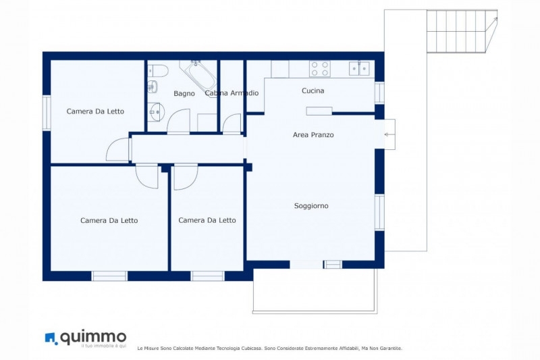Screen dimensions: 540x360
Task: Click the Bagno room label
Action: [x=184, y=93]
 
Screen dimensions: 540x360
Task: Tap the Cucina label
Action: [x=313, y=91]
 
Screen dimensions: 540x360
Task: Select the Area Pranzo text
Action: [x=313, y=134]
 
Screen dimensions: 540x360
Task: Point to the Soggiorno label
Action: [x=311, y=205]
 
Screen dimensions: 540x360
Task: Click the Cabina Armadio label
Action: [x=232, y=93]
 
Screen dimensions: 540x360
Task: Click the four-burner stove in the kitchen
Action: [x=319, y=68]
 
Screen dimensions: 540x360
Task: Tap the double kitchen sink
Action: [x=359, y=68]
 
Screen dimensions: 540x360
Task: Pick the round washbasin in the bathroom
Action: [x=157, y=111]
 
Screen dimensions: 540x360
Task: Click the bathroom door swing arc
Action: [x=178, y=121]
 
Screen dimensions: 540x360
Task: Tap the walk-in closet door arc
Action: [x=232, y=124]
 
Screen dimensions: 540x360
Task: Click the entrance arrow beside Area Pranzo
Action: [x=389, y=134]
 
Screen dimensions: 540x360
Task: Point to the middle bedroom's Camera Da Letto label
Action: [x=207, y=220]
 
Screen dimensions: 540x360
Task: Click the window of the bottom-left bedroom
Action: [x=109, y=276]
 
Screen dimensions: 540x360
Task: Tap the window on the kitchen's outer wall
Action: [x=379, y=93]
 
